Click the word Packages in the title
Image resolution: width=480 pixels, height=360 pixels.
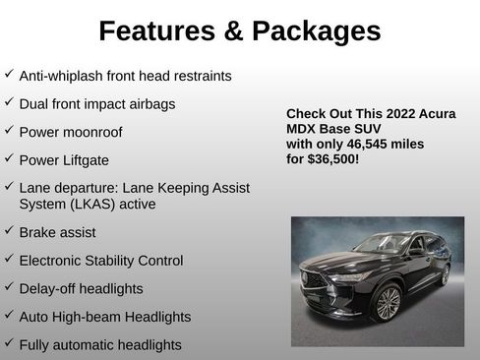(x=315, y=31)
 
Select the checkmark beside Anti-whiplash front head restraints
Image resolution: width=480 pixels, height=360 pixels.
(x=9, y=74)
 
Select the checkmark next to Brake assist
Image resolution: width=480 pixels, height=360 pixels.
(x=9, y=231)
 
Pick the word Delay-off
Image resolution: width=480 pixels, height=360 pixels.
(x=47, y=288)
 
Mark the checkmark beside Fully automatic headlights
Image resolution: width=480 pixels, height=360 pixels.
(x=9, y=344)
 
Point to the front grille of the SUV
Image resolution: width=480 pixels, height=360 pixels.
(x=317, y=278)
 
